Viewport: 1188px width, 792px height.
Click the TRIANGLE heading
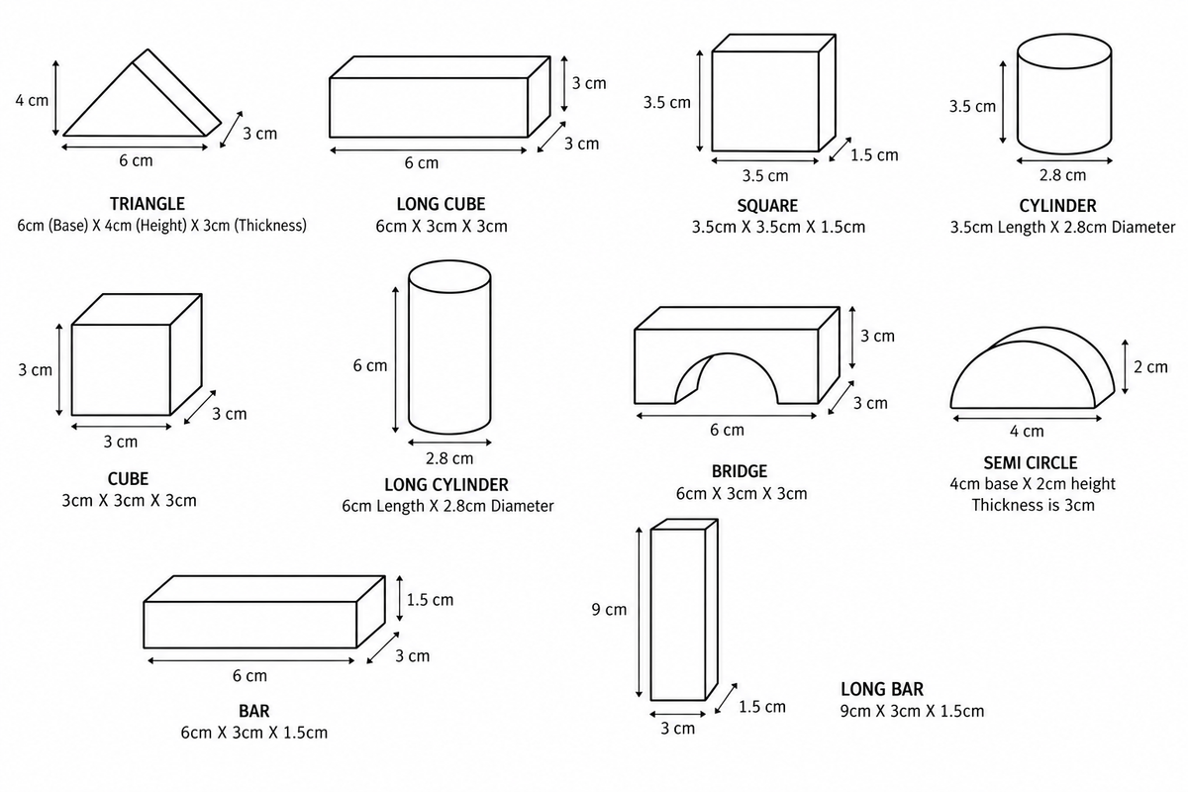coord(148,204)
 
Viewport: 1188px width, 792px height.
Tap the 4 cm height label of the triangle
coord(32,100)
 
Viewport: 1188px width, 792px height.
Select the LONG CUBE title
coord(441,204)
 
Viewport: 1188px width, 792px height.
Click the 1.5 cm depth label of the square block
coord(874,154)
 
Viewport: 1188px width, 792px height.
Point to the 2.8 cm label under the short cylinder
coord(1062,175)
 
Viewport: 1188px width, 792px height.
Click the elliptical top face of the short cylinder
coord(1064,52)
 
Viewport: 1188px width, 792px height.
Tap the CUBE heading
coord(128,479)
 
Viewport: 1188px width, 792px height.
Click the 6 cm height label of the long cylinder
coord(370,365)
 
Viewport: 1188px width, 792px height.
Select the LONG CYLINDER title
coord(446,485)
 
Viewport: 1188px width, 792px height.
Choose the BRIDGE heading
coord(740,471)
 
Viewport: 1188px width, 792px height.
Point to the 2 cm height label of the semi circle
coord(1150,367)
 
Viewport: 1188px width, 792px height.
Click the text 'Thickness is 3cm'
coord(1034,505)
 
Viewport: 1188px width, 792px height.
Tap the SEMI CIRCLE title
coord(1031,463)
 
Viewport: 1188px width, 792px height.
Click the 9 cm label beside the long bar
coord(609,610)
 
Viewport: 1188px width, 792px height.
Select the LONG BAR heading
coord(882,689)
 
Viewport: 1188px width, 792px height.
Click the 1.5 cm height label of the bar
coord(430,600)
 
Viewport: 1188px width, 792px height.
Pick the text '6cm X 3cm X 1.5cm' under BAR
coord(254,733)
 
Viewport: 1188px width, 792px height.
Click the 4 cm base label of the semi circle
coord(1027,432)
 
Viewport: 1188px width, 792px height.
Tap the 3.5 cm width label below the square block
coord(765,175)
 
